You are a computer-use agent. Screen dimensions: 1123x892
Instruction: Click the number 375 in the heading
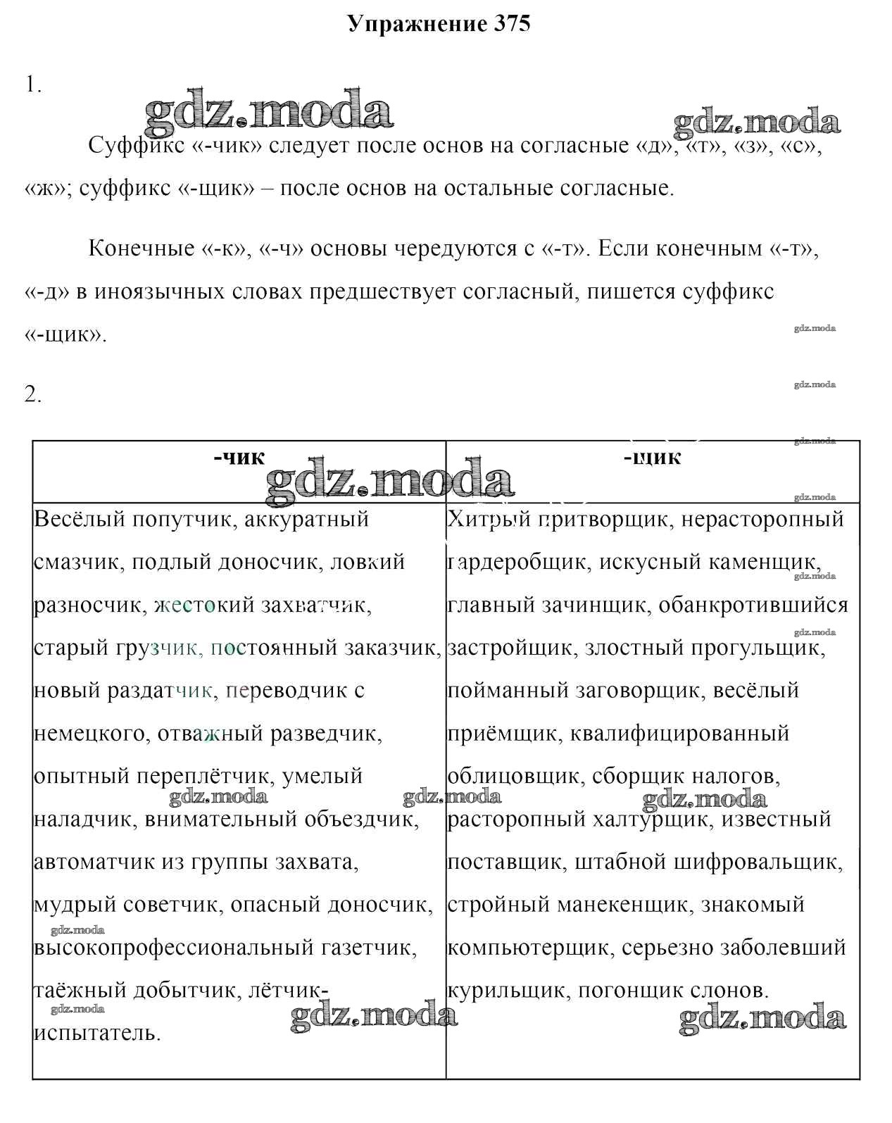[508, 24]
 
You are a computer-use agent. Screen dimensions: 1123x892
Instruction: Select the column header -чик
[239, 458]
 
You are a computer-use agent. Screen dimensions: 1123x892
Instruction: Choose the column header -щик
[652, 458]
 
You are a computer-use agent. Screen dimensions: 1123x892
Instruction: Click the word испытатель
[97, 1034]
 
